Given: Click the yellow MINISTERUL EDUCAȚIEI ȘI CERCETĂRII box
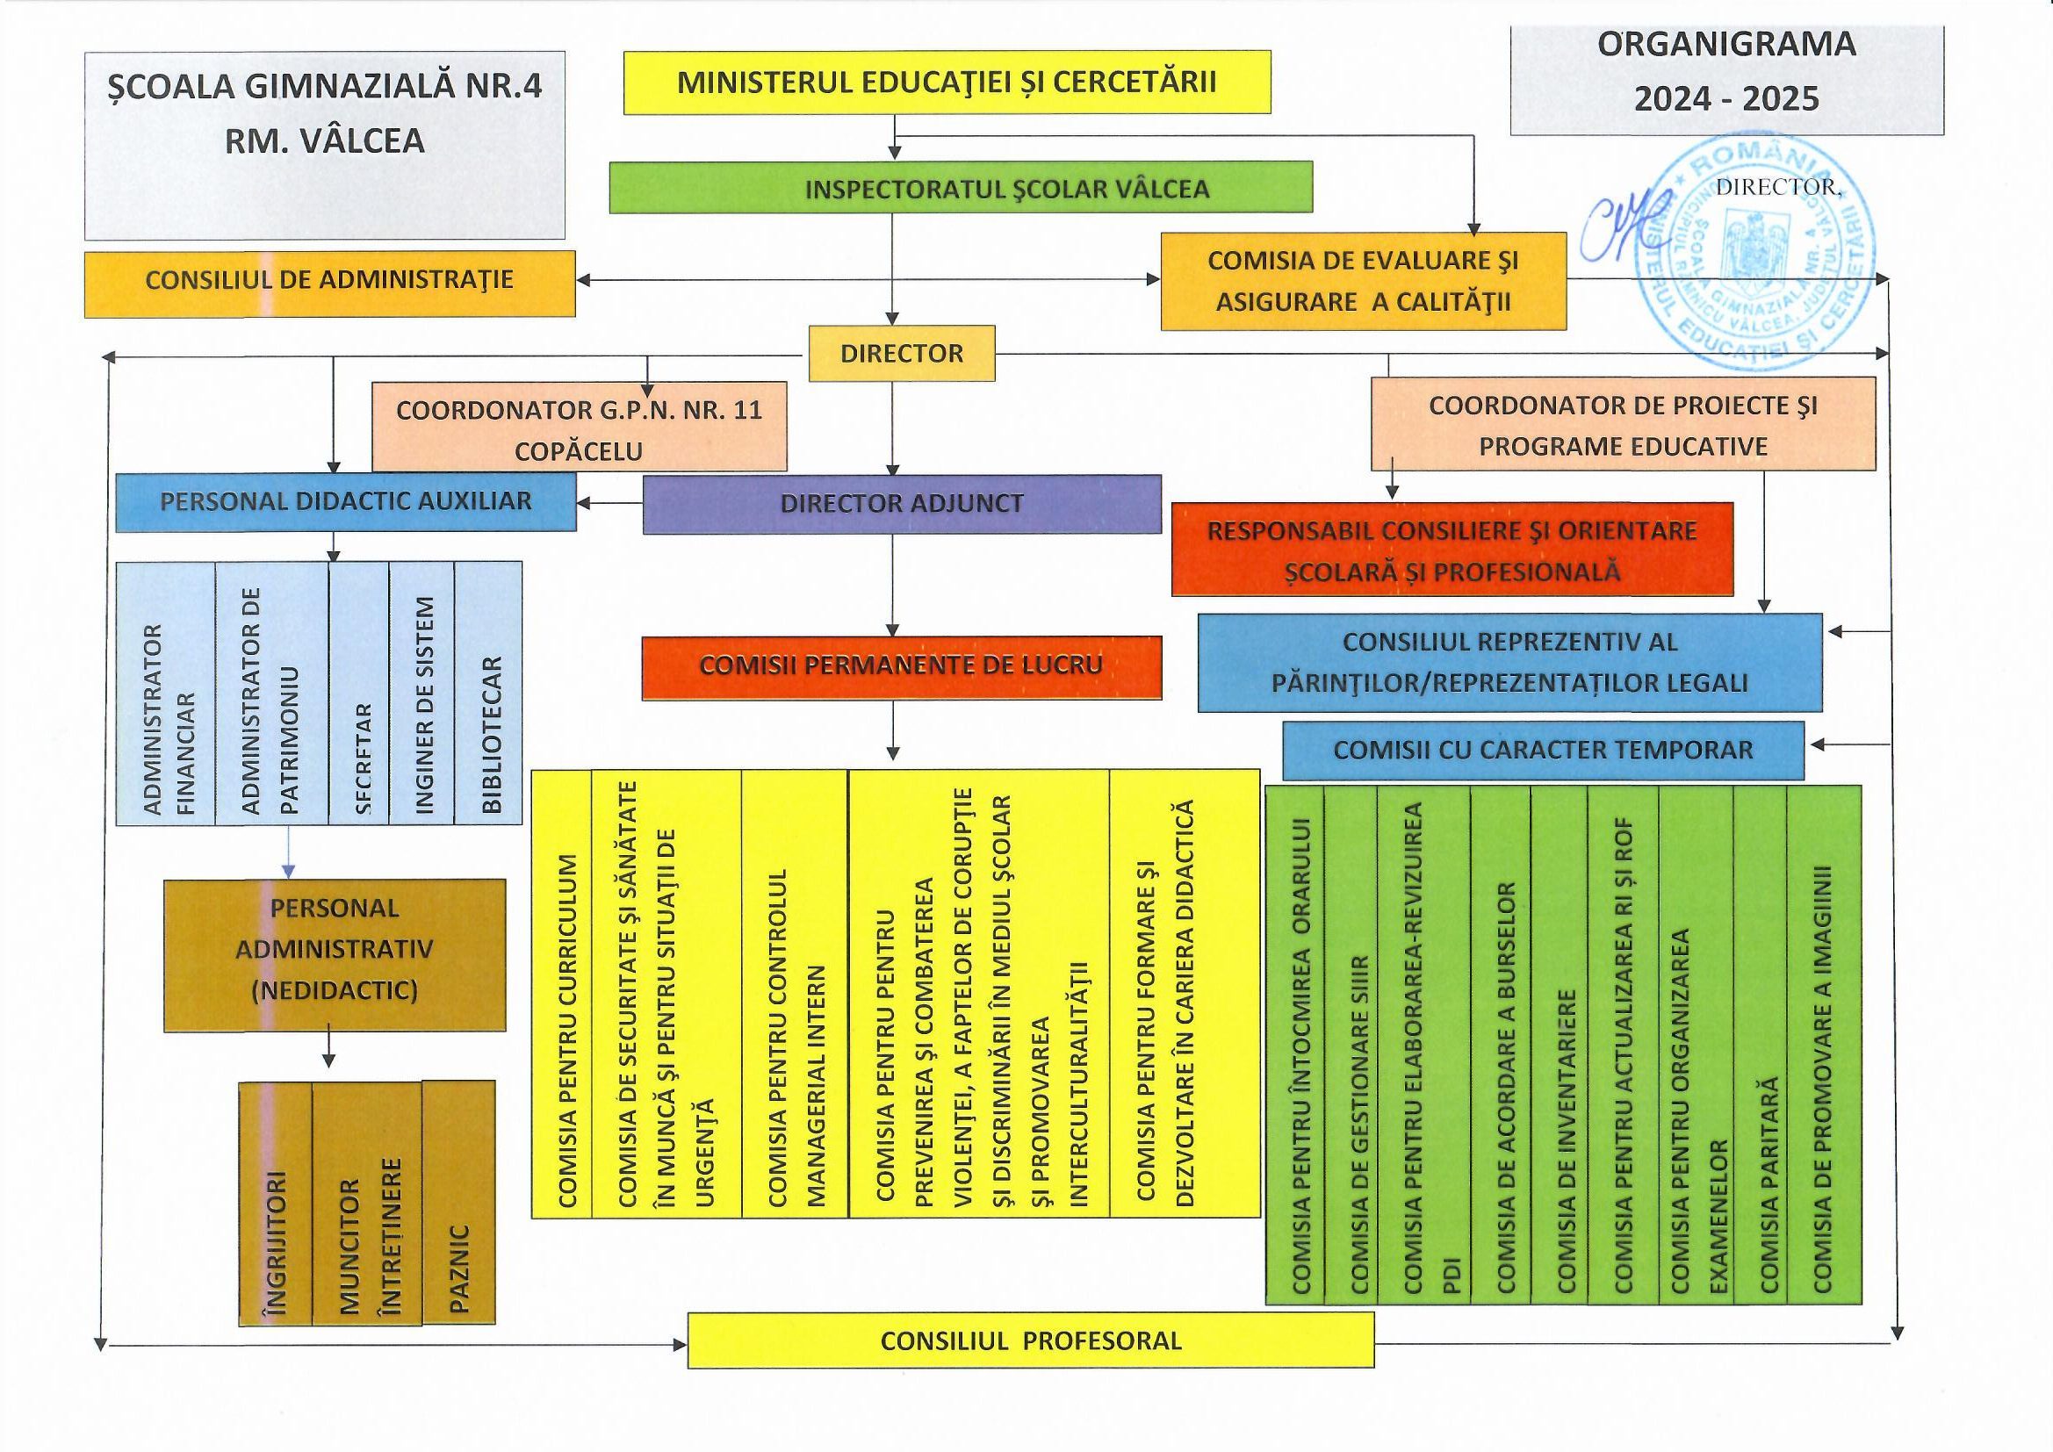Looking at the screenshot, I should pyautogui.click(x=946, y=83).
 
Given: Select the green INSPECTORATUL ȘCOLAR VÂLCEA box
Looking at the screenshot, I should pyautogui.click(x=961, y=188).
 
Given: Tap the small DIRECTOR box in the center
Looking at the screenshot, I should pyautogui.click(x=901, y=353).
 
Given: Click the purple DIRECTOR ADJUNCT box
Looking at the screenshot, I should pyautogui.click(x=901, y=503).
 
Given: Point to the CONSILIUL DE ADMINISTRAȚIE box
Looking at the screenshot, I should pyautogui.click(x=329, y=281).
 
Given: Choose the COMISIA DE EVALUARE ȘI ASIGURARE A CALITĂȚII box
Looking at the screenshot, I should pyautogui.click(x=1363, y=281).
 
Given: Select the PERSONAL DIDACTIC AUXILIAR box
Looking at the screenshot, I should pyautogui.click(x=345, y=501).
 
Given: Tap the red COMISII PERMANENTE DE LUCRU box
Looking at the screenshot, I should pyautogui.click(x=901, y=666).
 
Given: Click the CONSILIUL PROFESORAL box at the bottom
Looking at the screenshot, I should pyautogui.click(x=1030, y=1341).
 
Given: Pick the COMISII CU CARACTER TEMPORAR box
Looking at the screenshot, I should pyautogui.click(x=1543, y=750).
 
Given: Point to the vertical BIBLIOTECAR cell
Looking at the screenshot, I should pyautogui.click(x=489, y=693).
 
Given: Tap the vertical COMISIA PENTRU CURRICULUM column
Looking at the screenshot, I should pyautogui.click(x=561, y=993).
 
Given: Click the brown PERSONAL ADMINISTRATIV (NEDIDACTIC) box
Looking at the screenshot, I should pyautogui.click(x=335, y=954).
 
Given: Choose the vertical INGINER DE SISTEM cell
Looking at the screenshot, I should pyautogui.click(x=422, y=693).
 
